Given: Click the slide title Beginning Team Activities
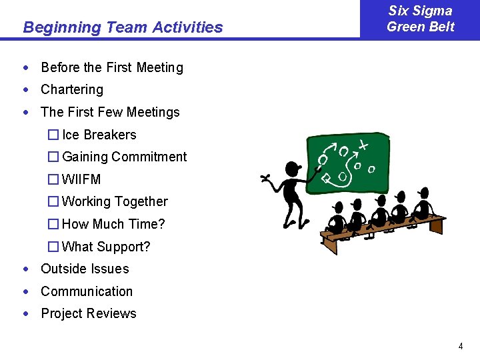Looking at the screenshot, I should (x=123, y=27).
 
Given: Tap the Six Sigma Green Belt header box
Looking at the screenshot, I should (x=420, y=19).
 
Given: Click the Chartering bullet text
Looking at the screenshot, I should (x=72, y=89).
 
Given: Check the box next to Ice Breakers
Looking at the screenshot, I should (x=53, y=135).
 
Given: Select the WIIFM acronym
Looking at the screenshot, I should (x=81, y=179).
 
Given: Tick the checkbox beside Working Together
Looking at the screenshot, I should (x=53, y=201).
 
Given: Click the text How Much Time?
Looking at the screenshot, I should (x=113, y=224).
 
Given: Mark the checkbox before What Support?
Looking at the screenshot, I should (x=53, y=247).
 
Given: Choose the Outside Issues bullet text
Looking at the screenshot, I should (x=85, y=269).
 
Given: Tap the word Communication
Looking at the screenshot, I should (x=87, y=291).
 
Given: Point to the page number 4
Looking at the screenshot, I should (x=460, y=346).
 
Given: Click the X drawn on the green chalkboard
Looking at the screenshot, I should (x=362, y=145).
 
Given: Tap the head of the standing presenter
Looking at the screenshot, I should (x=292, y=169).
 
